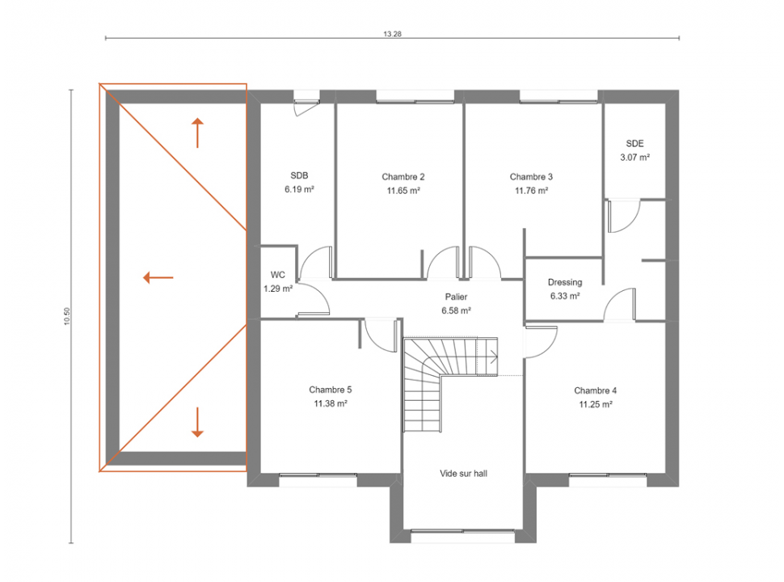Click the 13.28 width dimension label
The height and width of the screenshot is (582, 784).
click(x=393, y=34)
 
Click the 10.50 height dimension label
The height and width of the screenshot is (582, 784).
click(x=67, y=317)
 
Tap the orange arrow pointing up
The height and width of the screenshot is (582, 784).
click(x=197, y=133)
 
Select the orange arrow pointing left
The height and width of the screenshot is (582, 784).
click(x=158, y=277)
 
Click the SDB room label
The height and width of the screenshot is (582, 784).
click(x=299, y=175)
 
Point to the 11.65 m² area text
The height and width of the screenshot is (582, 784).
click(x=403, y=191)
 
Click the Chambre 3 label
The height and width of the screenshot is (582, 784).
click(x=531, y=176)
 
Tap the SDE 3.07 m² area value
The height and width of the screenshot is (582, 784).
click(x=635, y=157)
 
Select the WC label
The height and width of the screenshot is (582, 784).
click(x=277, y=275)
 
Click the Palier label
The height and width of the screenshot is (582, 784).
click(x=456, y=297)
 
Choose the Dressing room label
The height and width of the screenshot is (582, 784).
click(x=565, y=282)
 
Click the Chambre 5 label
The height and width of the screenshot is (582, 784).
click(x=330, y=390)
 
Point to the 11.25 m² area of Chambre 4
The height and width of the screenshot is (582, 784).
click(x=596, y=404)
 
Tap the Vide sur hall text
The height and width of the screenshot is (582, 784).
click(x=463, y=473)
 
